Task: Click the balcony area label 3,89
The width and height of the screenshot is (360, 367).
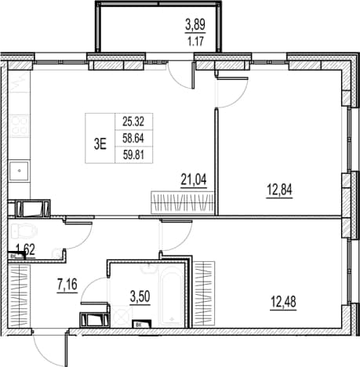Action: tap(195, 25)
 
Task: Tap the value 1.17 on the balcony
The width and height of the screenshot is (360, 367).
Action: tap(195, 42)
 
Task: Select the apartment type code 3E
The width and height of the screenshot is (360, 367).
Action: tap(100, 144)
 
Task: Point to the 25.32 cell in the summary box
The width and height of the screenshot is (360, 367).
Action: tap(133, 122)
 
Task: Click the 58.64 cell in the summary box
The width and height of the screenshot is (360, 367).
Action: tap(133, 138)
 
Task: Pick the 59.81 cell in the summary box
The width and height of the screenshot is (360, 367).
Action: tap(133, 155)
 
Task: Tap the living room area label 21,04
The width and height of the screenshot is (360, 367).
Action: tap(194, 180)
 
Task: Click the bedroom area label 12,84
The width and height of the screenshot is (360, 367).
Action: tap(279, 190)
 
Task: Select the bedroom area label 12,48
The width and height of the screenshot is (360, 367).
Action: tap(283, 302)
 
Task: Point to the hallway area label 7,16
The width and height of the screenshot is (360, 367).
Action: tap(67, 285)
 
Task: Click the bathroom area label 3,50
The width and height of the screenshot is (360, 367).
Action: tap(140, 296)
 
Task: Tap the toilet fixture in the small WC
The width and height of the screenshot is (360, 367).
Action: tap(24, 231)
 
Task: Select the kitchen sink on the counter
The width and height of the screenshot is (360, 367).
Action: tap(19, 171)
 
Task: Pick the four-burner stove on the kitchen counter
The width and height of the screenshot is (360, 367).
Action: tap(19, 126)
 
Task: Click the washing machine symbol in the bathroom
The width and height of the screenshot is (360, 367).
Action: tap(121, 316)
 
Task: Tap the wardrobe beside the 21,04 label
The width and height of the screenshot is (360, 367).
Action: tap(183, 202)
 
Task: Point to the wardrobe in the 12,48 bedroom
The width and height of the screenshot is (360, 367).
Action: tap(204, 293)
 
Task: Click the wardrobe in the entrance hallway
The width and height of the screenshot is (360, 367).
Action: tap(19, 296)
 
